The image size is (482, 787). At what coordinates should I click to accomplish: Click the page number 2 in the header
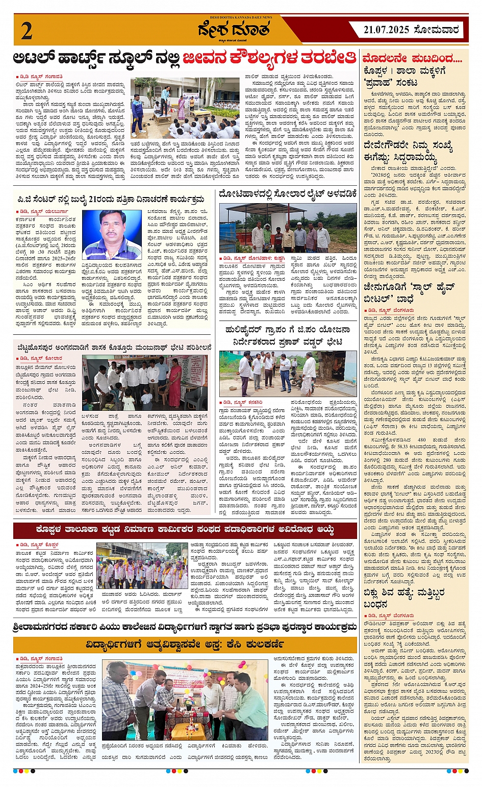coord(27,31)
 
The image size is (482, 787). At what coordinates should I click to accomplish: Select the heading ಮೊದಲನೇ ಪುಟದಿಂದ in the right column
coord(412,59)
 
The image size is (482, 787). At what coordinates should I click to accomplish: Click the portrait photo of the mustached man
coord(112,234)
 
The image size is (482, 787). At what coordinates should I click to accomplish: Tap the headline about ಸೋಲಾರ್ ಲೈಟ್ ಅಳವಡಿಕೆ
coord(288,194)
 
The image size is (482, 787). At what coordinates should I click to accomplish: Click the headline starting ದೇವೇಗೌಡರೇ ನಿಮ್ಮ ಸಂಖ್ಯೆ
coord(408,152)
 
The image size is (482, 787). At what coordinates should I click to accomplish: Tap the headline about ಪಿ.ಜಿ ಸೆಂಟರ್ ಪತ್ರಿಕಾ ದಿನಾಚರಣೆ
coord(110,199)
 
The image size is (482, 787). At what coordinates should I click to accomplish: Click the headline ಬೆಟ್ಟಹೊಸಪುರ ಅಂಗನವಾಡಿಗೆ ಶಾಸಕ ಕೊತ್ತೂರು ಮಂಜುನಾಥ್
coord(112,348)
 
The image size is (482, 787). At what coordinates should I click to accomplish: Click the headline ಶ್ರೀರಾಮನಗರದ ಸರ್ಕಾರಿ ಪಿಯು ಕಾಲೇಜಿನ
coord(185,626)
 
